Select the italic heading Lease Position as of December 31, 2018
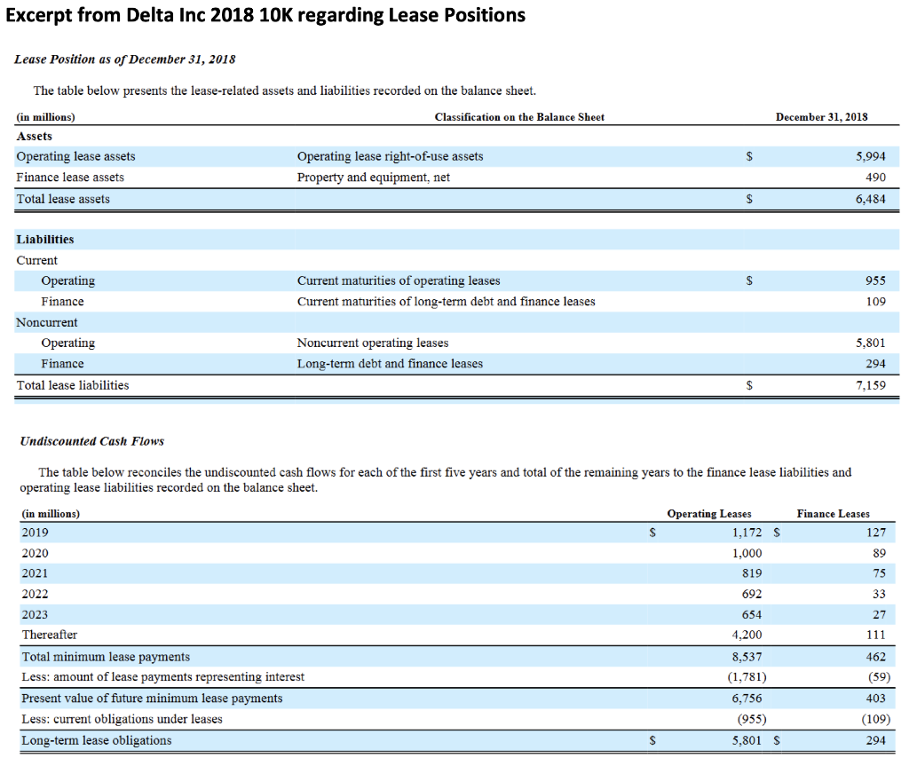coord(125,59)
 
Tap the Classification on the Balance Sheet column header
coord(519,116)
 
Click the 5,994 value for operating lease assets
coord(870,156)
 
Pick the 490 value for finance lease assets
coord(875,178)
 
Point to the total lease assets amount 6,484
coord(870,199)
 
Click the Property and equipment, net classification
coord(373,178)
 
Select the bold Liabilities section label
coord(45,240)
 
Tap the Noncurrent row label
coord(47,322)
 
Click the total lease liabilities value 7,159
coord(870,385)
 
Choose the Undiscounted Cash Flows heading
coord(91,441)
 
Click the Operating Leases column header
coord(708,513)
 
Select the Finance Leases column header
coord(833,513)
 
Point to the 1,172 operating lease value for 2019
coord(747,533)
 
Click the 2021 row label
coord(35,573)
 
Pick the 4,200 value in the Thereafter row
coord(747,636)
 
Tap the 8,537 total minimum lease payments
coord(747,657)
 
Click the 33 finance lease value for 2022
coord(878,594)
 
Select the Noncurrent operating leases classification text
coord(373,343)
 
